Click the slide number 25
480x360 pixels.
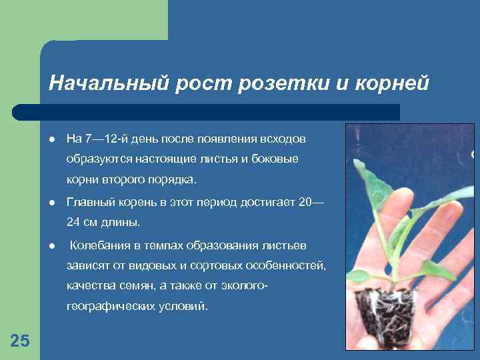(20, 341)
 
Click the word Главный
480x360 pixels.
(89, 202)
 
